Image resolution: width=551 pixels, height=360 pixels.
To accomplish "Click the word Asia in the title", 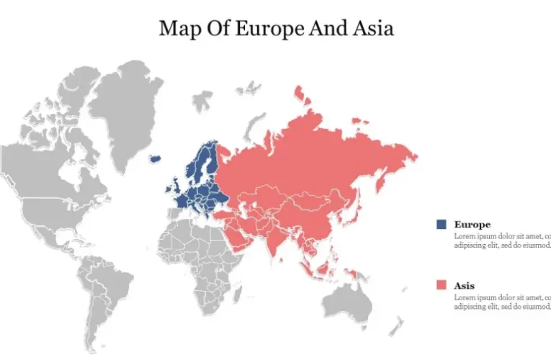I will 372,28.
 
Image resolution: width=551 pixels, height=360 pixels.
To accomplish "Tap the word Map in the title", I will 179,28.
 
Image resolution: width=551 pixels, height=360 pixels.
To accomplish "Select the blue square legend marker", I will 441,225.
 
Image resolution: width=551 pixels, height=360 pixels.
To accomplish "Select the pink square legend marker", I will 441,285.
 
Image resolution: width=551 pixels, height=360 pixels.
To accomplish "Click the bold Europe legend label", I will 472,225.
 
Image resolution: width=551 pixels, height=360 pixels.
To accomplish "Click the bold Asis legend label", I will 465,286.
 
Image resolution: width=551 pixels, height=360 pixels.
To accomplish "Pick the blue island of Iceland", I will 155,158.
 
